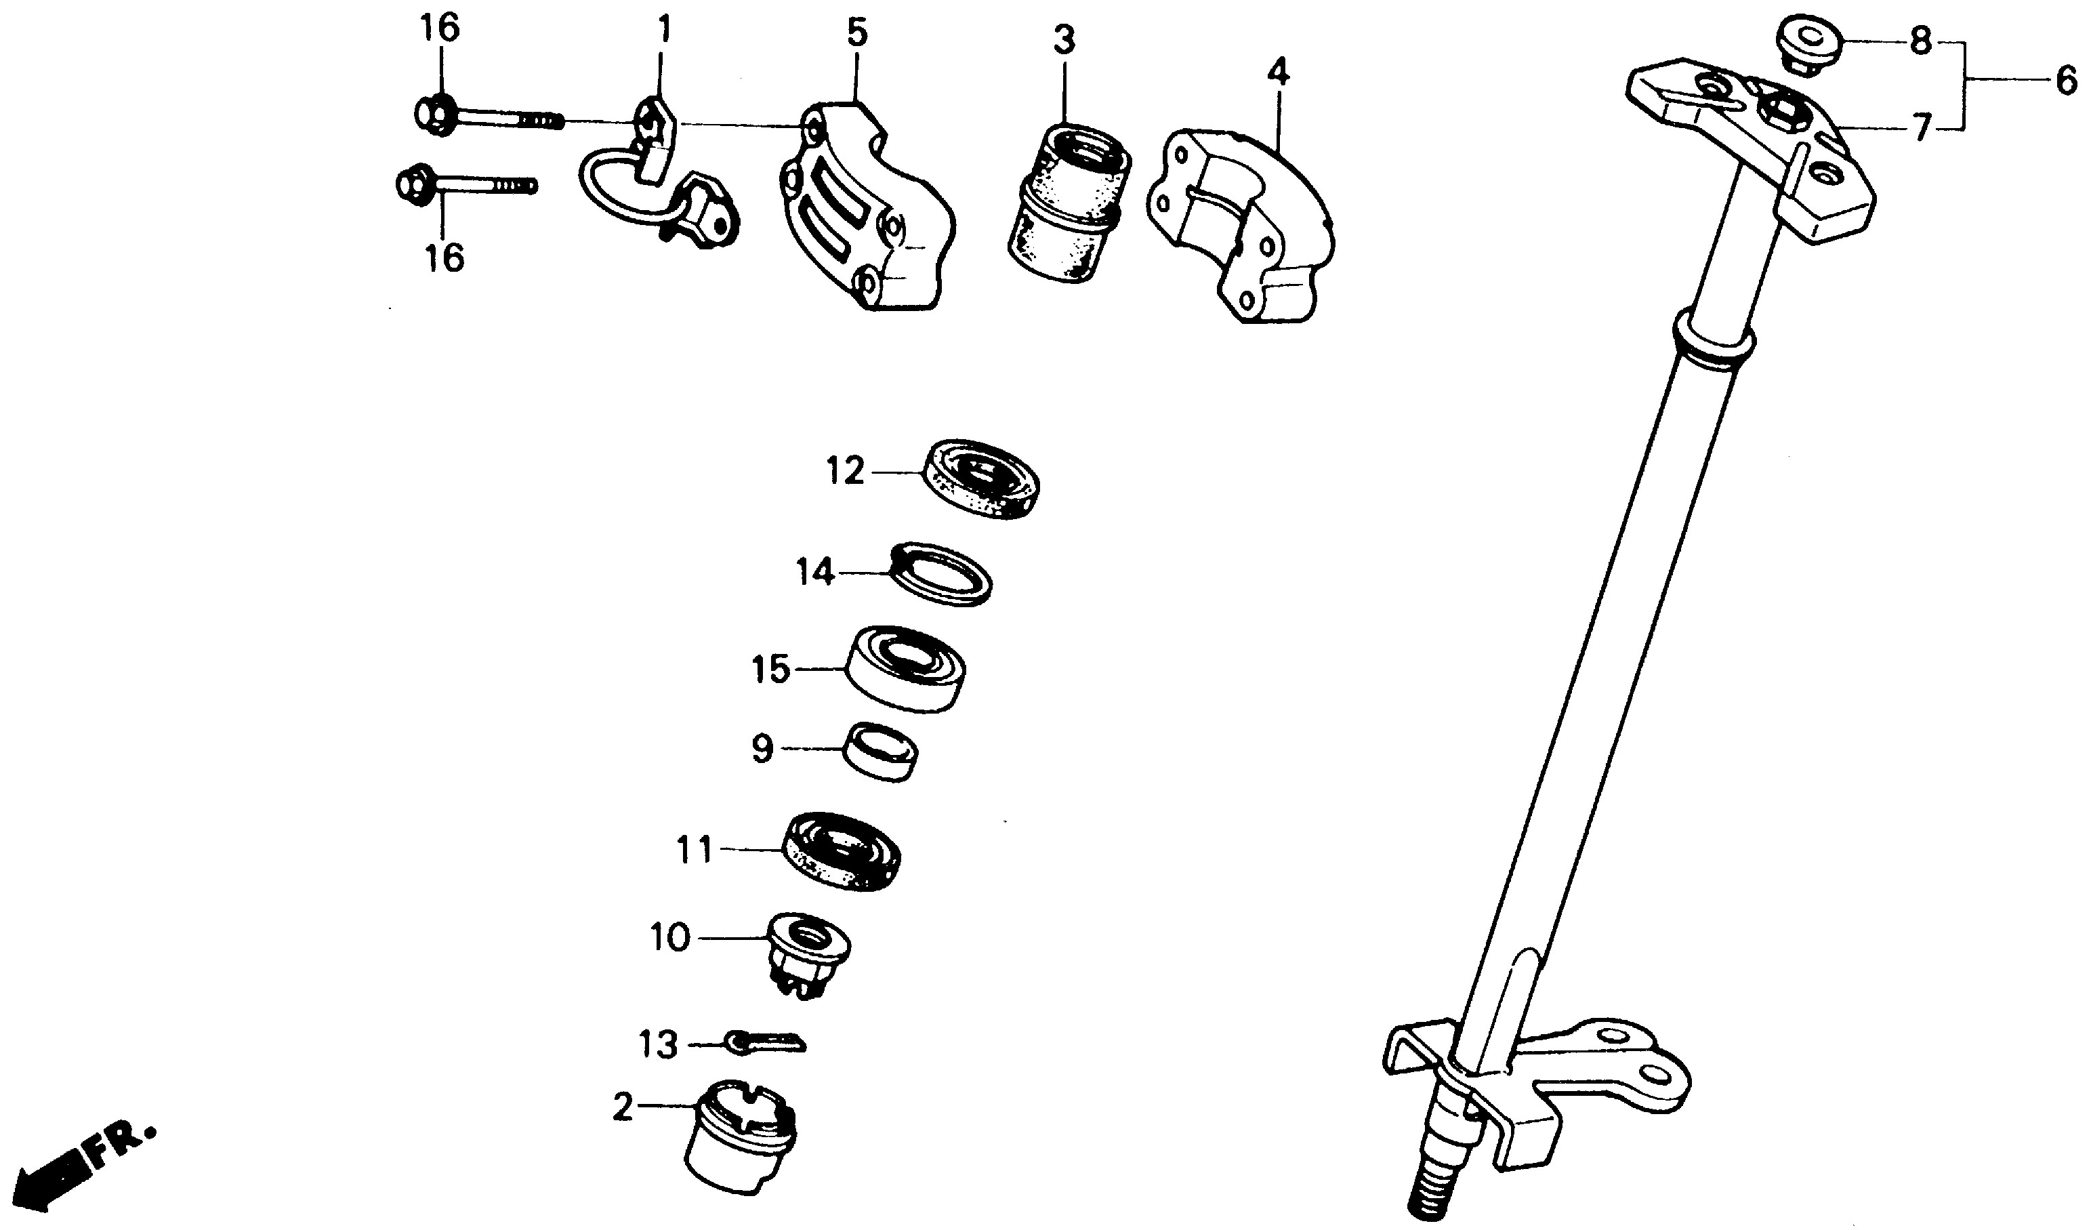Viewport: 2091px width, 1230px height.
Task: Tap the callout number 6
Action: (x=2065, y=82)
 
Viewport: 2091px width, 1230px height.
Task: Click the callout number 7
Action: (x=1922, y=129)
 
